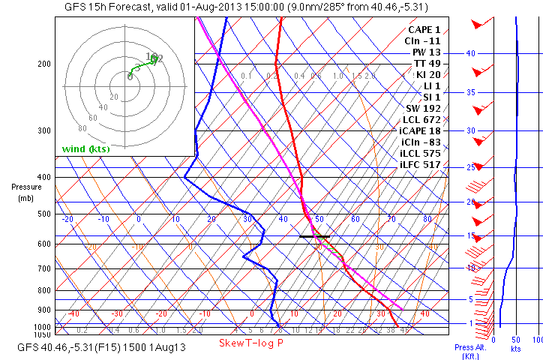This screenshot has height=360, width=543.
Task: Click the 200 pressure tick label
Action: click(x=43, y=64)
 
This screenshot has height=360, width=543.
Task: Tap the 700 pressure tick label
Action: click(x=43, y=268)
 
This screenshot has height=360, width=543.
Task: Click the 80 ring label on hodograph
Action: click(x=82, y=128)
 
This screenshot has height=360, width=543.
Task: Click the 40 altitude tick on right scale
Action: click(x=471, y=54)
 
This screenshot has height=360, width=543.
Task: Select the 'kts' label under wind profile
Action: click(x=515, y=349)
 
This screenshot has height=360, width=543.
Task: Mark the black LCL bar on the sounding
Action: click(x=313, y=237)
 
